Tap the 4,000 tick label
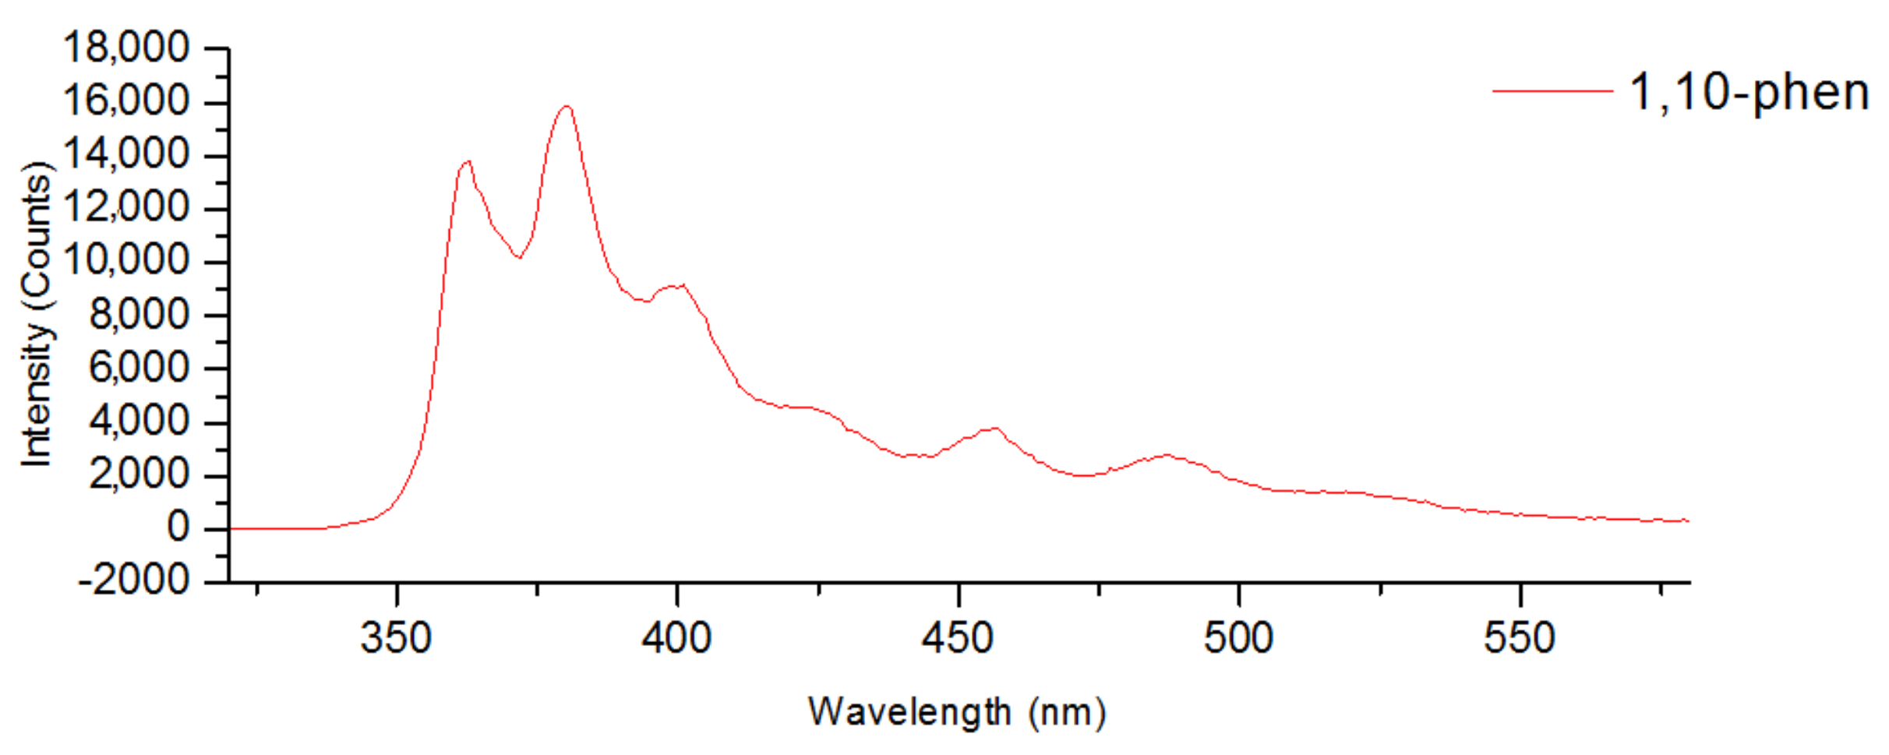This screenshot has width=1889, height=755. click(139, 422)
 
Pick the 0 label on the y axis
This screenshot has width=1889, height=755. click(178, 528)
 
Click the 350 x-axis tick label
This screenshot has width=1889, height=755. click(396, 639)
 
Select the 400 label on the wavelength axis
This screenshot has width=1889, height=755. click(676, 639)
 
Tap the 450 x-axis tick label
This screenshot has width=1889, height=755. click(957, 639)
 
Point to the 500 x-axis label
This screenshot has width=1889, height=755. click(1238, 639)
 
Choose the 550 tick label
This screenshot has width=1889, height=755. click(1519, 639)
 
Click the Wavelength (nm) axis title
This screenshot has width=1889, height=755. click(957, 712)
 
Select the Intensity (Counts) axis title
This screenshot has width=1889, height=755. click(37, 315)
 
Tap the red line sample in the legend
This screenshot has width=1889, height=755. click(1552, 91)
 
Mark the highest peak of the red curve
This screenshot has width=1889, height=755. click(567, 106)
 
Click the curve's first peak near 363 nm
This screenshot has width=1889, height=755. click(468, 161)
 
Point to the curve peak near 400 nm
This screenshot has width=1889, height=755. click(682, 285)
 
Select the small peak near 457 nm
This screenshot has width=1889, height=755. click(995, 428)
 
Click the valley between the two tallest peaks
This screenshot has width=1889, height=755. click(518, 257)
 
